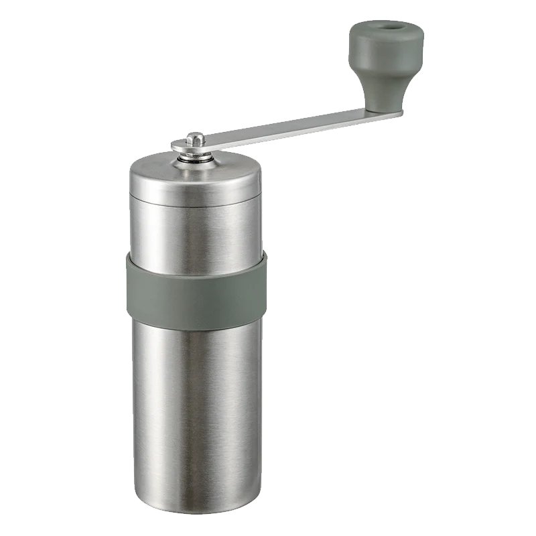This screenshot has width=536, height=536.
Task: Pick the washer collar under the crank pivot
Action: click(196, 158)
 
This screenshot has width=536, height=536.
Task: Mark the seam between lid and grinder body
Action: click(194, 201)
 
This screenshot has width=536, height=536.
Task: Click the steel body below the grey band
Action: click(194, 402)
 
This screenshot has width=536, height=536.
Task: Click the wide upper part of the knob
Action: click(387, 44)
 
